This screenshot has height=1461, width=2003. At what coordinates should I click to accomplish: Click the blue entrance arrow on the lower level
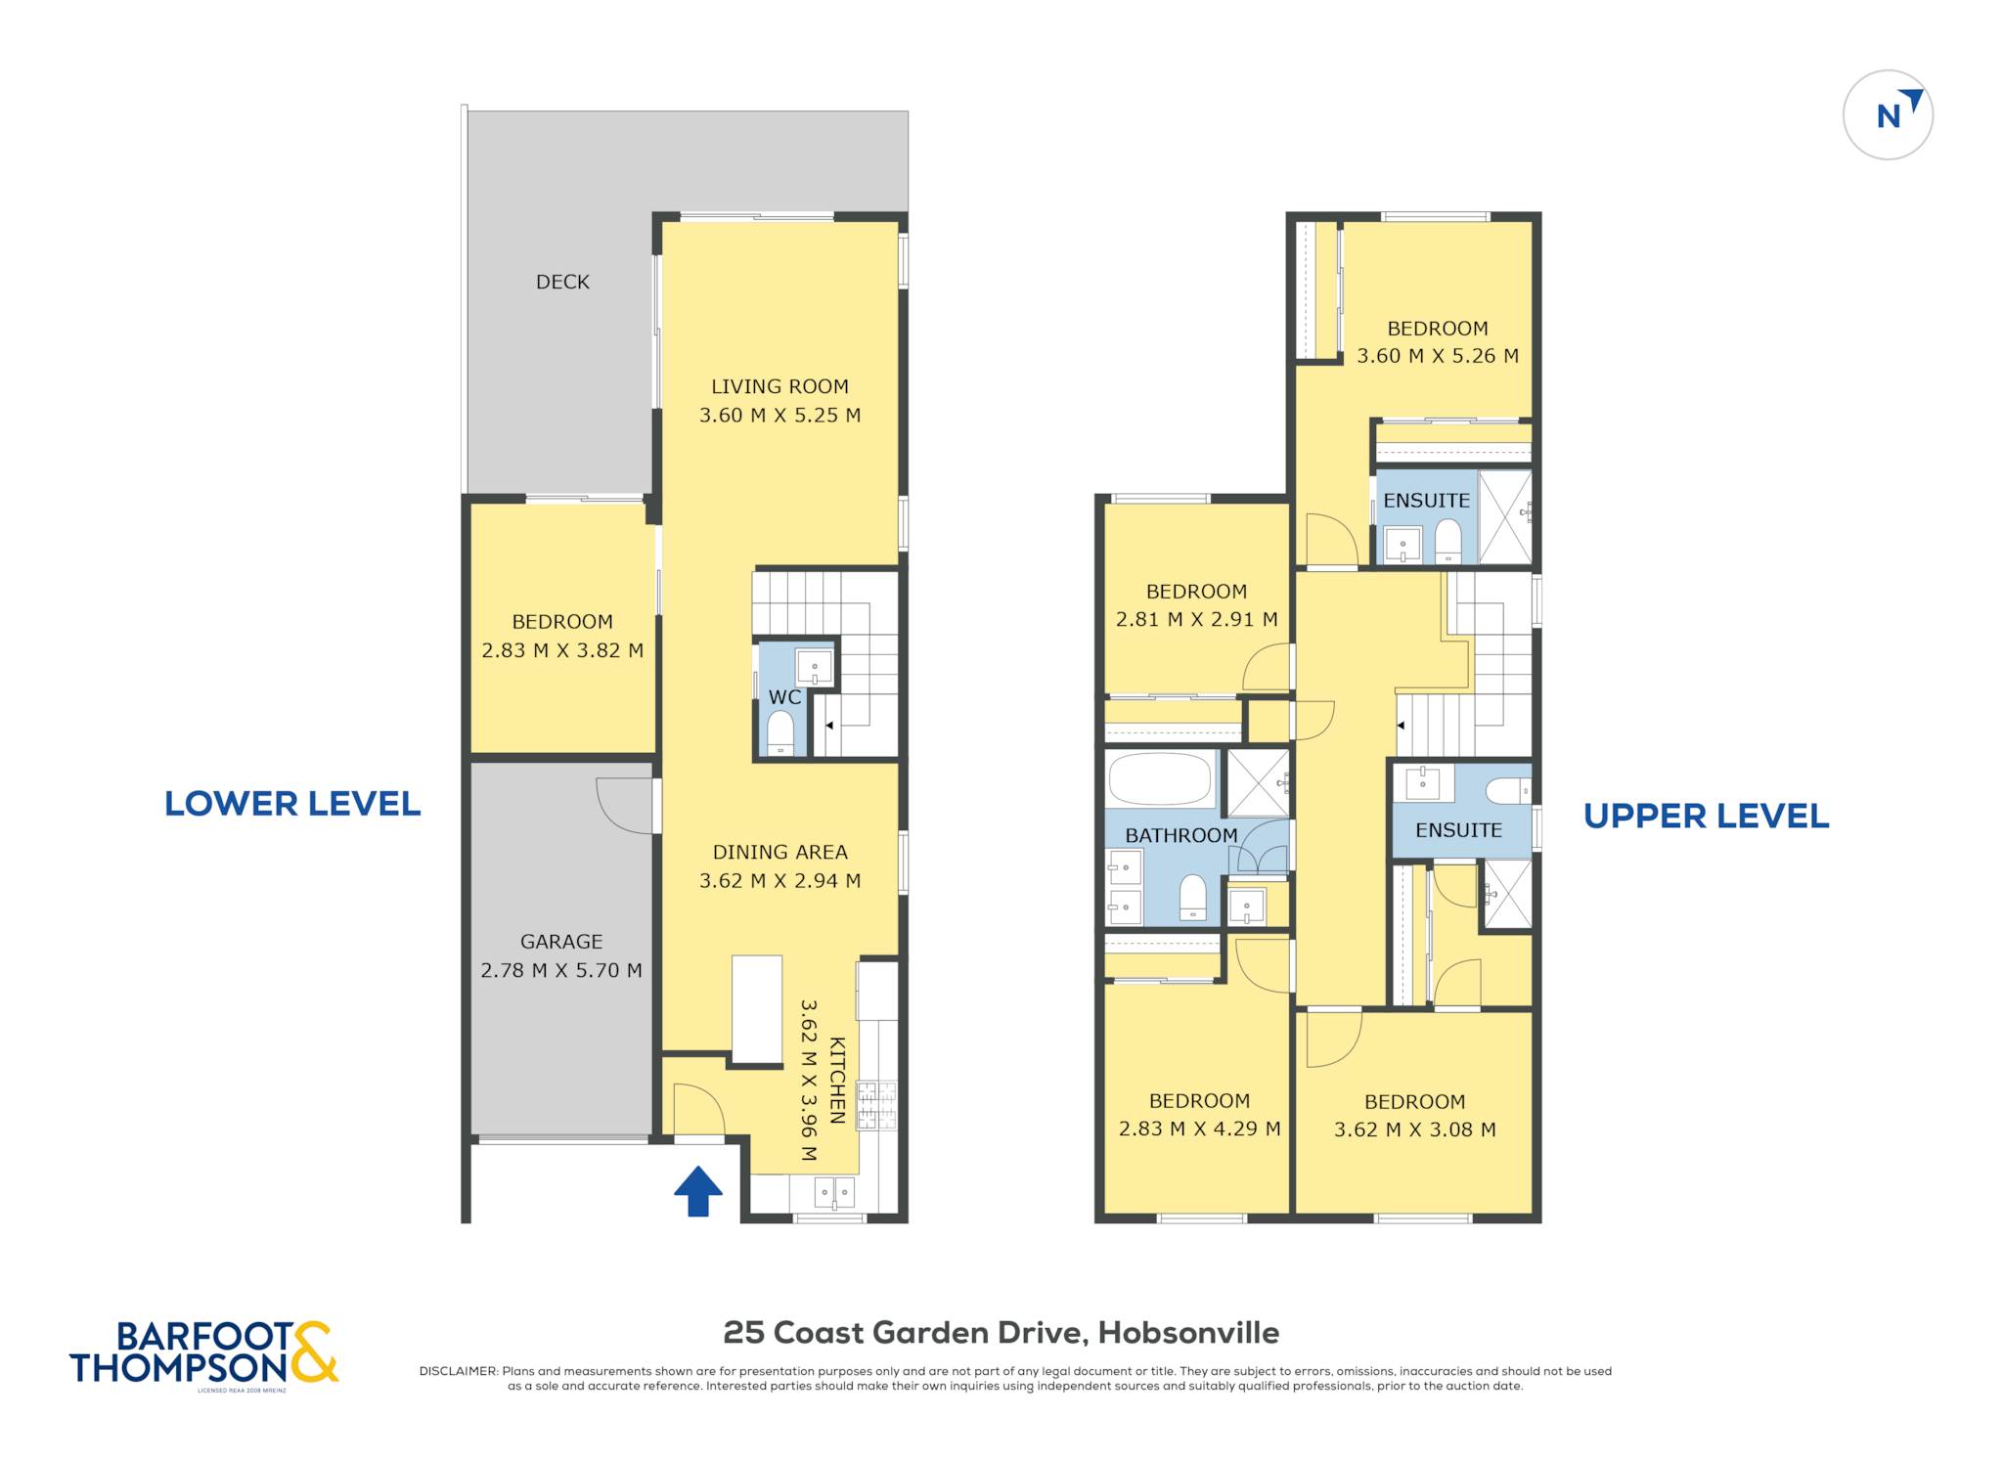click(x=698, y=1191)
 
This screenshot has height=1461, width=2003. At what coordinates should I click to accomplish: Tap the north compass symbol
click(x=1888, y=114)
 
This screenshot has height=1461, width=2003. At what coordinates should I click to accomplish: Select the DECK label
click(x=562, y=282)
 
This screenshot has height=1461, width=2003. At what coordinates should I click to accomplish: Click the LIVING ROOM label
click(x=779, y=386)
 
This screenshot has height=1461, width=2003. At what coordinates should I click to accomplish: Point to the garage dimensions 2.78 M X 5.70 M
click(x=561, y=970)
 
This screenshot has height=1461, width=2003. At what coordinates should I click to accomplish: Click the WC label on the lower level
click(x=784, y=697)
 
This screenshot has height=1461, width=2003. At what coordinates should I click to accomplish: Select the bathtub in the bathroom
click(x=1161, y=779)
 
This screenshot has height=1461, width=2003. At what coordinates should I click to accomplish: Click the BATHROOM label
click(x=1181, y=835)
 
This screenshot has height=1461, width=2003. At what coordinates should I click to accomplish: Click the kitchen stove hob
click(x=876, y=1105)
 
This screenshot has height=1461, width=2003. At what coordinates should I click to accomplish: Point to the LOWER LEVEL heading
click(x=292, y=804)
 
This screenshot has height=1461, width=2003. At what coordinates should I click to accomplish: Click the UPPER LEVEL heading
click(x=1707, y=816)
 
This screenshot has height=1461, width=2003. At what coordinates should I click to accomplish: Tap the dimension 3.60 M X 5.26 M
click(x=1438, y=356)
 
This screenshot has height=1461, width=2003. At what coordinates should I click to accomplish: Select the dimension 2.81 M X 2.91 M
click(x=1197, y=619)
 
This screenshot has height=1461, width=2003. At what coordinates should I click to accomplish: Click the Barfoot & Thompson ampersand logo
click(x=314, y=1352)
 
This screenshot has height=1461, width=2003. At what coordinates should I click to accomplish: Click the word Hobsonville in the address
click(x=1188, y=1333)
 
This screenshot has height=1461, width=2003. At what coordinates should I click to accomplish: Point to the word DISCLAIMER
click(x=459, y=1371)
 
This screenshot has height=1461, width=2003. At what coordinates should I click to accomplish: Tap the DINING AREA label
click(x=779, y=852)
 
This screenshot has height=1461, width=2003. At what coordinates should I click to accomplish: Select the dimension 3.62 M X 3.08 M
click(x=1415, y=1129)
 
